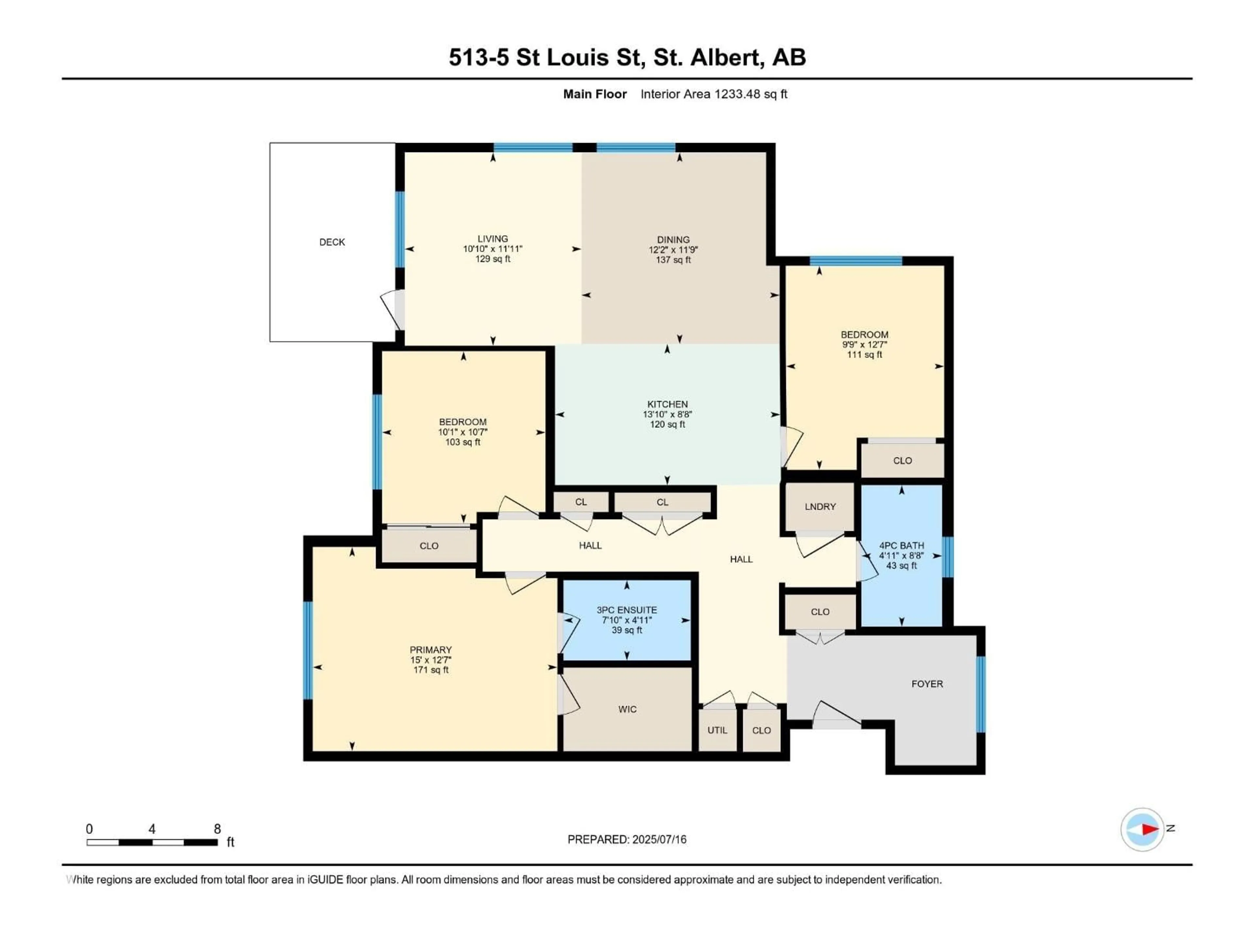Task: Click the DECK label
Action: [x=332, y=242]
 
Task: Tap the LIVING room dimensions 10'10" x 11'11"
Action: [x=493, y=249]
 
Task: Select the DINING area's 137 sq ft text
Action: [x=674, y=260]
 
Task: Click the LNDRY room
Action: [x=820, y=506]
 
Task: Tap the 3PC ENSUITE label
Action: [x=627, y=610]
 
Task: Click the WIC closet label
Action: [x=627, y=709]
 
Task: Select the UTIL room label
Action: [x=717, y=730]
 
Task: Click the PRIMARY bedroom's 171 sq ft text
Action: [x=431, y=670]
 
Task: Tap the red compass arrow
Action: [x=1149, y=829]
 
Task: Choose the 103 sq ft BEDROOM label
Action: [x=462, y=422]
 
